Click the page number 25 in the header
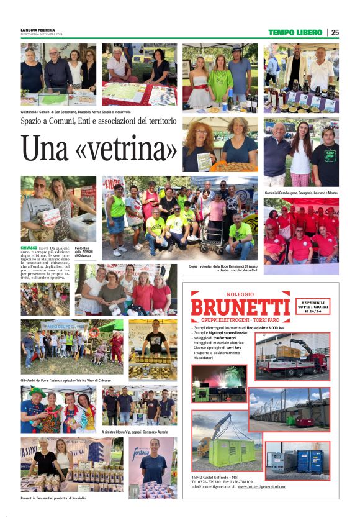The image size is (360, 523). point(335,32)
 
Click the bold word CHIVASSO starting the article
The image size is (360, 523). point(29,248)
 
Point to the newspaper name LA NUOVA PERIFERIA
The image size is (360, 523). point(38,30)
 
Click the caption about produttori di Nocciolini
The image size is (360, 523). point(55,498)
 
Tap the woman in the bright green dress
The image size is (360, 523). point(220,79)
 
